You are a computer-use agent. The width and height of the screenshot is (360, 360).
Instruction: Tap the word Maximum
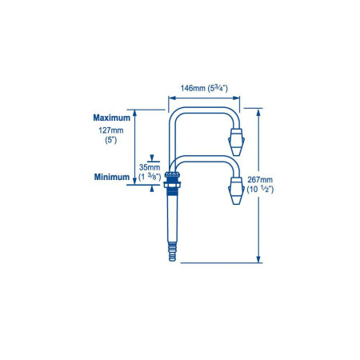point(112,118)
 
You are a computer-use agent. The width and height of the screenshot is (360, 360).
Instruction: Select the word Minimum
point(112,177)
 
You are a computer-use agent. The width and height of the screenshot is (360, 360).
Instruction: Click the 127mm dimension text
point(111,130)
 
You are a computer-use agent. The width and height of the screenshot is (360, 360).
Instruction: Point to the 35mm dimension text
point(150,167)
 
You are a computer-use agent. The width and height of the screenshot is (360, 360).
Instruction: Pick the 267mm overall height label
point(260,180)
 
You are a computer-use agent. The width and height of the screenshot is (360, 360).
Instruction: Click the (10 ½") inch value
point(260,190)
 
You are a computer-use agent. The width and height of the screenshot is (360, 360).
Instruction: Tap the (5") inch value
point(111,140)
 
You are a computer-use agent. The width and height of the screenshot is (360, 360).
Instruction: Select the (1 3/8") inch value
point(150,177)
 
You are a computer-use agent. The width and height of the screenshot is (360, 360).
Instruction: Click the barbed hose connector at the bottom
point(173,251)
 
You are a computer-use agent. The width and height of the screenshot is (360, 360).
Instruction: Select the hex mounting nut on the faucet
point(172,185)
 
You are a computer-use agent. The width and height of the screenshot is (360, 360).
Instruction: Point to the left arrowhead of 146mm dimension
point(172,98)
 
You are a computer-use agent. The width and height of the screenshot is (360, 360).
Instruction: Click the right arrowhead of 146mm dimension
point(236,98)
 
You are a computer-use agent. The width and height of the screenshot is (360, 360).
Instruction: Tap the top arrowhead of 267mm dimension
point(258,112)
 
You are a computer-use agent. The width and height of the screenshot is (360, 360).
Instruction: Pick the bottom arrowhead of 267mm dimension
point(258,259)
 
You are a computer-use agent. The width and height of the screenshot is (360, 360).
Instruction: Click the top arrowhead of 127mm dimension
point(134,113)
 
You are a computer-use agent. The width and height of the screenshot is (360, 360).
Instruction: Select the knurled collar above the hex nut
point(172,175)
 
